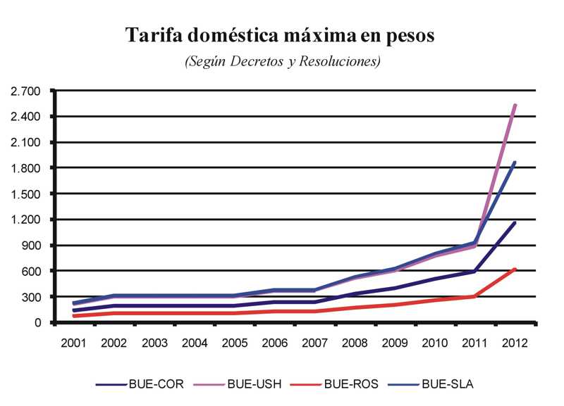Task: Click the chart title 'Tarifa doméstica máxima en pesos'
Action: coord(280,35)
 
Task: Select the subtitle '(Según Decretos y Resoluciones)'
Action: coord(282,62)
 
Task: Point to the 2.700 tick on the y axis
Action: coord(26,91)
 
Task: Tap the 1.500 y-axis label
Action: coord(26,194)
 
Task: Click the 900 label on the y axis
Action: coord(32,246)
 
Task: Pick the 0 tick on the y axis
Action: coord(39,322)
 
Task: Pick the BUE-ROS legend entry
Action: coord(350,384)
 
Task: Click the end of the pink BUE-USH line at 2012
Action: coord(516,105)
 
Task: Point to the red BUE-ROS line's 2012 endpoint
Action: coord(516,269)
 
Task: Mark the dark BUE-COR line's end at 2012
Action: coord(516,222)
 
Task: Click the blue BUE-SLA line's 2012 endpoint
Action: coord(516,163)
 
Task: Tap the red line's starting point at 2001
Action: coord(74,316)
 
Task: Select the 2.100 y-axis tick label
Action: coord(26,142)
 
